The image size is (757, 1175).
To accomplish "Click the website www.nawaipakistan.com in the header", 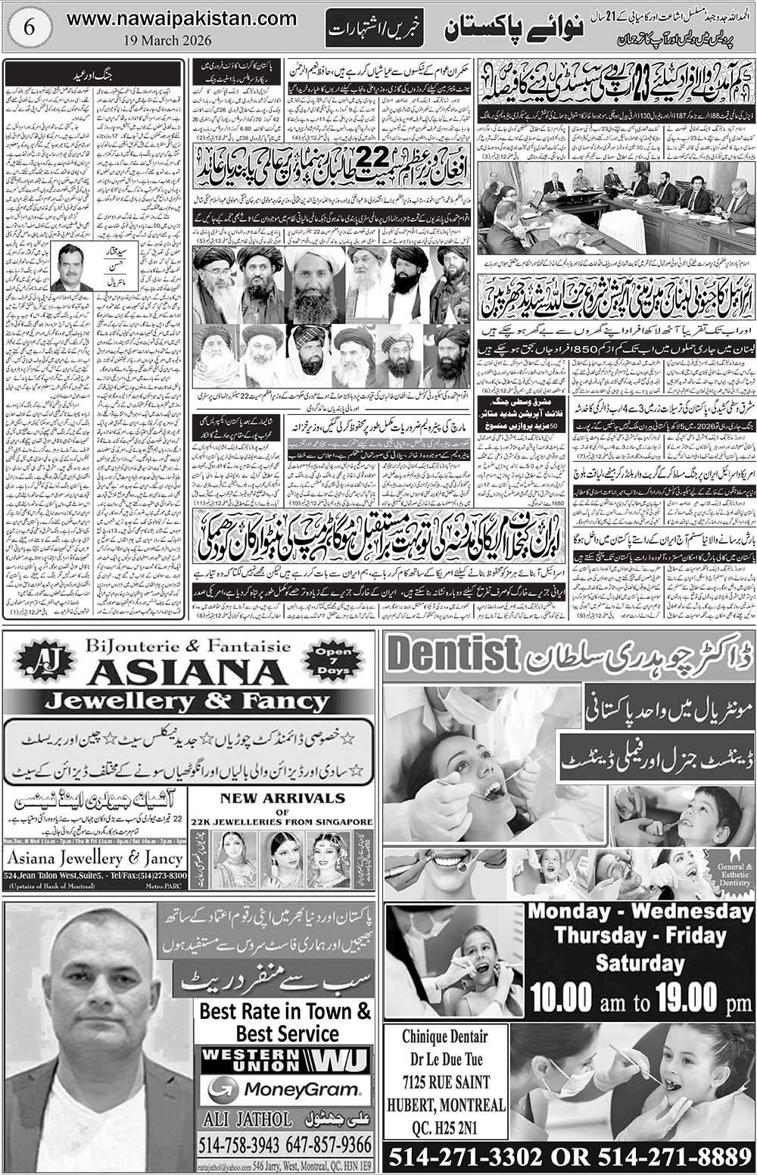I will pyautogui.click(x=182, y=18).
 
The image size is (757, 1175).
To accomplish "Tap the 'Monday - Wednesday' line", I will pyautogui.click(x=640, y=911).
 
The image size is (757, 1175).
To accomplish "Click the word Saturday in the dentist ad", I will pyautogui.click(x=640, y=963).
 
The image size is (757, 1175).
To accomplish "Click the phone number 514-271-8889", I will pyautogui.click(x=670, y=1157).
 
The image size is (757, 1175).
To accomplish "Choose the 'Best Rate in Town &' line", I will pyautogui.click(x=285, y=1011).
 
